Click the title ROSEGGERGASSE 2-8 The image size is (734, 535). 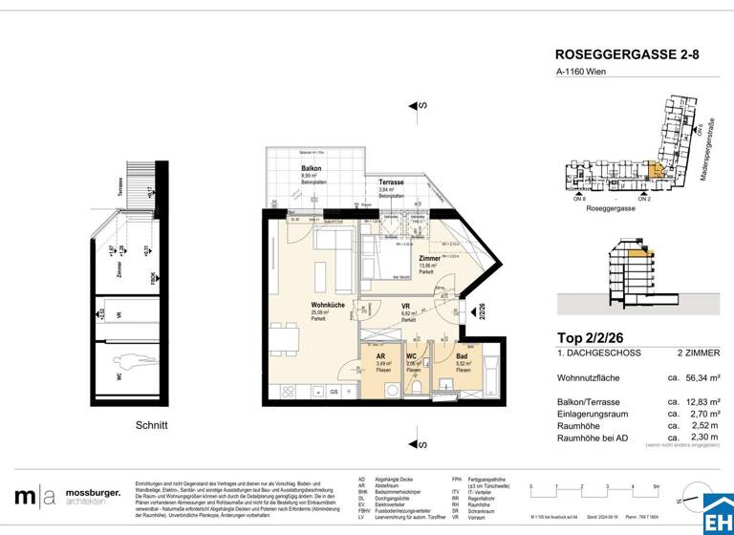(x=627, y=55)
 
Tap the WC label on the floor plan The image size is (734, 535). (x=412, y=355)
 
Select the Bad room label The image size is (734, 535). (x=463, y=355)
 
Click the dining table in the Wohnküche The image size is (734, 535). (x=283, y=340)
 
